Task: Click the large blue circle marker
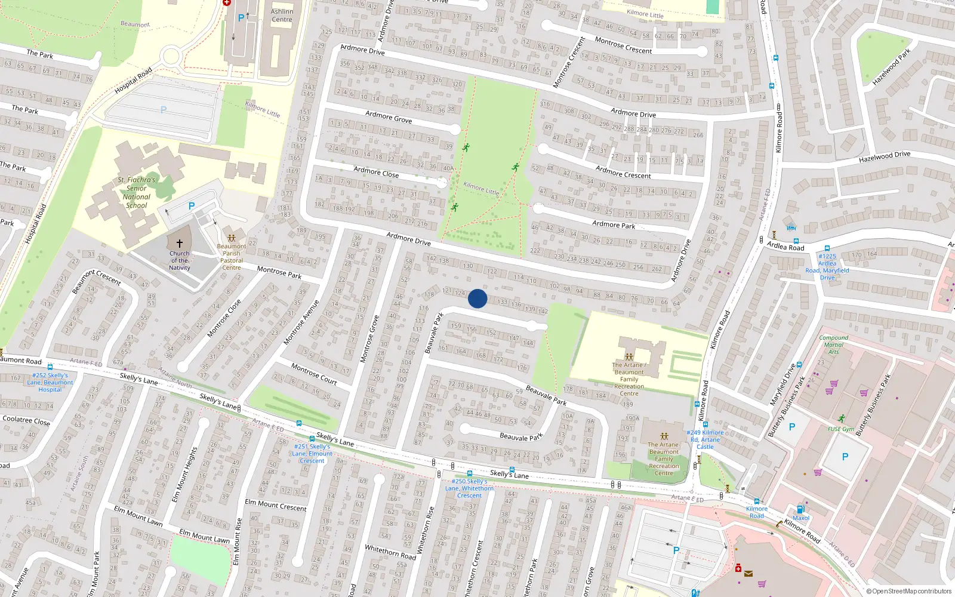(x=478, y=298)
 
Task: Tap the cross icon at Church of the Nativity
(x=179, y=244)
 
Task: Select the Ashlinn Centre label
(x=282, y=16)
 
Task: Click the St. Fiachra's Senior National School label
(x=137, y=192)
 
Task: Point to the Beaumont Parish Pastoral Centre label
(x=232, y=257)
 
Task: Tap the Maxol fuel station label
(x=801, y=518)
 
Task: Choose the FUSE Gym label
(x=840, y=429)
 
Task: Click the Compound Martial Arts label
(x=834, y=344)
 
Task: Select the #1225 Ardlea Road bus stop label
(x=827, y=267)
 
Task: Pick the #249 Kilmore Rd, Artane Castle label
(x=705, y=439)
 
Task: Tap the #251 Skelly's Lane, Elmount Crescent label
(x=312, y=454)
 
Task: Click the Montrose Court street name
(x=314, y=373)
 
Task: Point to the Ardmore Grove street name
(x=389, y=117)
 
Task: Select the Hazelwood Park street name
(x=892, y=67)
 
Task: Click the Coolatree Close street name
(x=26, y=420)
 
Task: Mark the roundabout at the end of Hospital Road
(x=171, y=57)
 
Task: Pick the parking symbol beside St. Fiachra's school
(x=192, y=206)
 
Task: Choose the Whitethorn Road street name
(x=390, y=552)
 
